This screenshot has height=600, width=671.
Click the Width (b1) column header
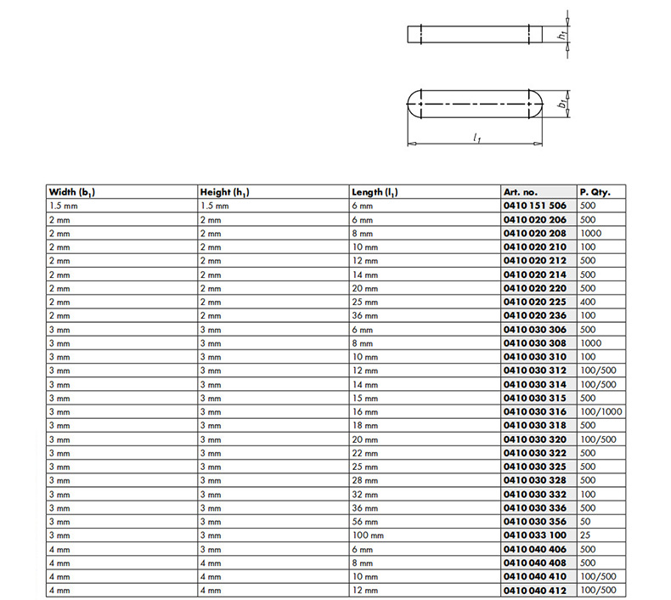tap(71, 192)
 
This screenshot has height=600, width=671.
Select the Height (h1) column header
tap(224, 192)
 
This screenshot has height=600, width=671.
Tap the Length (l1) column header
tap(375, 192)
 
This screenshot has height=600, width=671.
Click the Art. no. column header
tap(521, 192)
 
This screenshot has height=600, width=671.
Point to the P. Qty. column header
tap(595, 192)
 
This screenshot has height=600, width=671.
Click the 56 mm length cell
tap(364, 521)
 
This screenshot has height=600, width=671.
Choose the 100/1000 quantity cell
tap(601, 410)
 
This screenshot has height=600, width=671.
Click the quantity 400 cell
tap(588, 301)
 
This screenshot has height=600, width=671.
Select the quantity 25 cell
tap(585, 535)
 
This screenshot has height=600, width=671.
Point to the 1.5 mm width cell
tap(64, 206)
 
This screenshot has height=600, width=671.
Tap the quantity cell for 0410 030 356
tap(585, 521)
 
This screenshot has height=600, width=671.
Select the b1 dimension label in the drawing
tap(561, 104)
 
